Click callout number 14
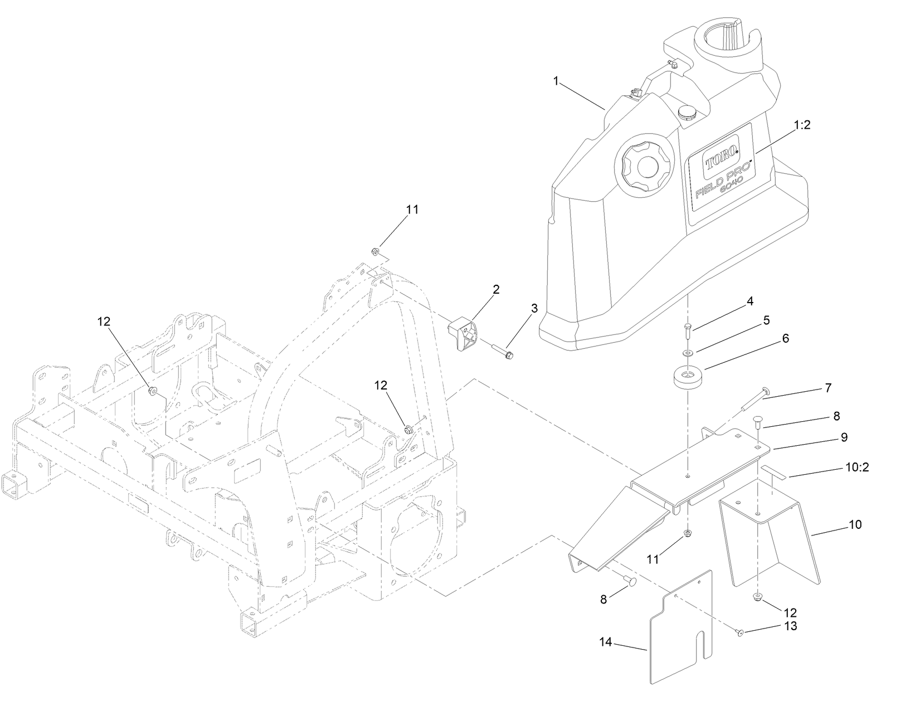point(606,642)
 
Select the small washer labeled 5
point(687,353)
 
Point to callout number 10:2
point(857,468)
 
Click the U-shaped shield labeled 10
point(769,541)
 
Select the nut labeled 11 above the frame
point(376,251)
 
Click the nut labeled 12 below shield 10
point(758,597)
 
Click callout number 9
point(844,437)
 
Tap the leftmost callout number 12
point(104,322)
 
